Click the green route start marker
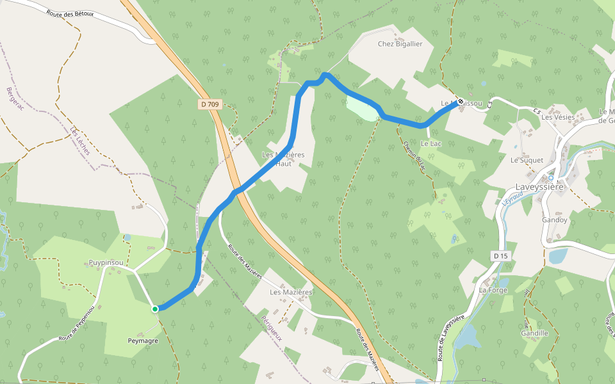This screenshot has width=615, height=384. click(x=155, y=309)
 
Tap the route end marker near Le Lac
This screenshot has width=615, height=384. click(x=460, y=101)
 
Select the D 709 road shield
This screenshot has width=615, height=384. click(x=209, y=104)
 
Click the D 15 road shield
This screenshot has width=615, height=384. click(x=500, y=256)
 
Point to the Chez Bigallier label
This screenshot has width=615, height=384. click(x=400, y=44)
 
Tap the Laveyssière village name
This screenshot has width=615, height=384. click(x=539, y=187)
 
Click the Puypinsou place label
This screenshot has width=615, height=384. click(x=106, y=262)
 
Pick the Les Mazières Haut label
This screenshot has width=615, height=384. click(x=283, y=159)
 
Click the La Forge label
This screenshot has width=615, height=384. click(x=493, y=290)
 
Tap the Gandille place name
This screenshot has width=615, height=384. click(x=535, y=333)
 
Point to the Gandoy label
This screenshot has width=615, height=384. click(x=554, y=220)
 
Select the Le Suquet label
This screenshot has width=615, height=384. click(x=527, y=160)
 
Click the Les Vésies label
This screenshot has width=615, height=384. click(x=557, y=117)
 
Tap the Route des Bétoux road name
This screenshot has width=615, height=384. click(x=69, y=12)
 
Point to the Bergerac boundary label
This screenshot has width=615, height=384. click(x=15, y=99)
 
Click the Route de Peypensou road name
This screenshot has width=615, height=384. click(x=77, y=323)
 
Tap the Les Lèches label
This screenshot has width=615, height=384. click(x=81, y=140)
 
